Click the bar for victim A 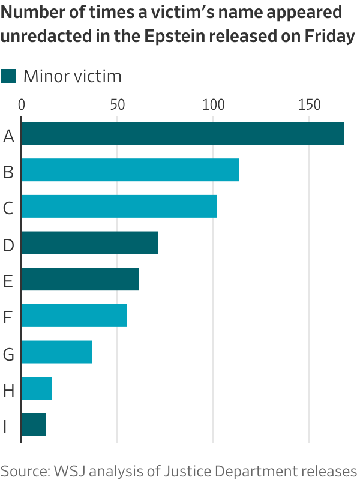[182, 134]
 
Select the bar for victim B [130, 170]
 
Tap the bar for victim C [119, 206]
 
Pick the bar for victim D [89, 242]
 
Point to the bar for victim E [80, 279]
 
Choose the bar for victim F [74, 315]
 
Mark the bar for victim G [56, 352]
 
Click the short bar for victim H [37, 388]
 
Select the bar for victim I [34, 424]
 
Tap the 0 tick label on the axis [22, 104]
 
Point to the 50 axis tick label [117, 104]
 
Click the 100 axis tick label [213, 104]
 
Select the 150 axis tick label [309, 104]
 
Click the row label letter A [8, 136]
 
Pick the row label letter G [8, 354]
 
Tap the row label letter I [5, 427]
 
